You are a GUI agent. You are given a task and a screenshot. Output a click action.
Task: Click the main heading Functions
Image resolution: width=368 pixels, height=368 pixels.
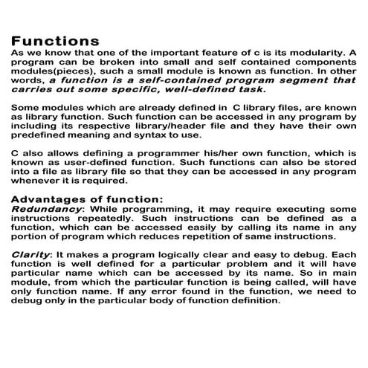pyautogui.click(x=56, y=40)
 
